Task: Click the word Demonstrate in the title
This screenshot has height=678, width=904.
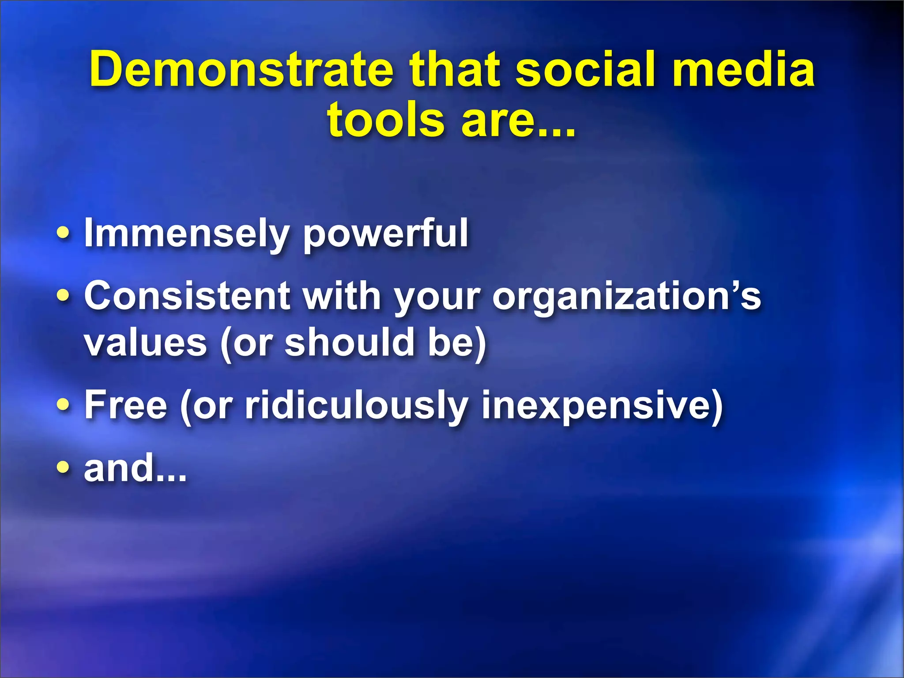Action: coord(241,69)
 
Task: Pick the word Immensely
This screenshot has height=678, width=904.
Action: coord(186,234)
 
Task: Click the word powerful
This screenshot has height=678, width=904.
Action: coord(385,234)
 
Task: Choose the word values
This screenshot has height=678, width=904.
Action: coord(146,343)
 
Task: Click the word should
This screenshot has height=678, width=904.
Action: coord(349,343)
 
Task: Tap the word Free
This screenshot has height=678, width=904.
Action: coord(126,405)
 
